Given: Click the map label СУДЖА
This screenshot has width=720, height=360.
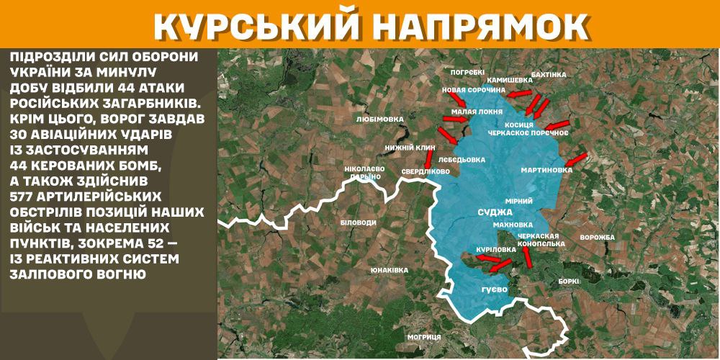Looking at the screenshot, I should tap(495, 212).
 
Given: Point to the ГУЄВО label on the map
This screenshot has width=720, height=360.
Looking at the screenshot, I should tap(495, 289).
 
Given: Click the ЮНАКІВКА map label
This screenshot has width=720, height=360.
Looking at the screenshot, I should tap(390, 270).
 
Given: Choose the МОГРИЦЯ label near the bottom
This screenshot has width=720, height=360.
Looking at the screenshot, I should tap(423, 337).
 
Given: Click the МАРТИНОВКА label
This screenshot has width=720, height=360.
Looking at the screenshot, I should tap(546, 171).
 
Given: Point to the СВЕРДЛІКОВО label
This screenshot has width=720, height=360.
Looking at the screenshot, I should tap(425, 171).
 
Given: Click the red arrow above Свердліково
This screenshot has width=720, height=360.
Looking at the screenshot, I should tap(429, 158).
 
